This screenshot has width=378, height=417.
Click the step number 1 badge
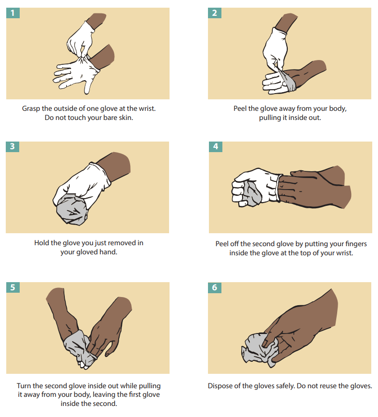click(12, 13)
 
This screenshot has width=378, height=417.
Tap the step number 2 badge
click(215, 13)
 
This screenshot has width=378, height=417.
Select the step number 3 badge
click(12, 146)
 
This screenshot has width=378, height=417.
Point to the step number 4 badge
click(215, 146)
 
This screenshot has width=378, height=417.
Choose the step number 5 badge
click(12, 287)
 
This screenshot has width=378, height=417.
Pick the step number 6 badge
click(215, 287)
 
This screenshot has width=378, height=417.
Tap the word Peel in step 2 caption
click(242, 109)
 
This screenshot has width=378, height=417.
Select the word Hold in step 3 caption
click(42, 243)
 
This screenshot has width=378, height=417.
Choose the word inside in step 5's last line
click(70, 404)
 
